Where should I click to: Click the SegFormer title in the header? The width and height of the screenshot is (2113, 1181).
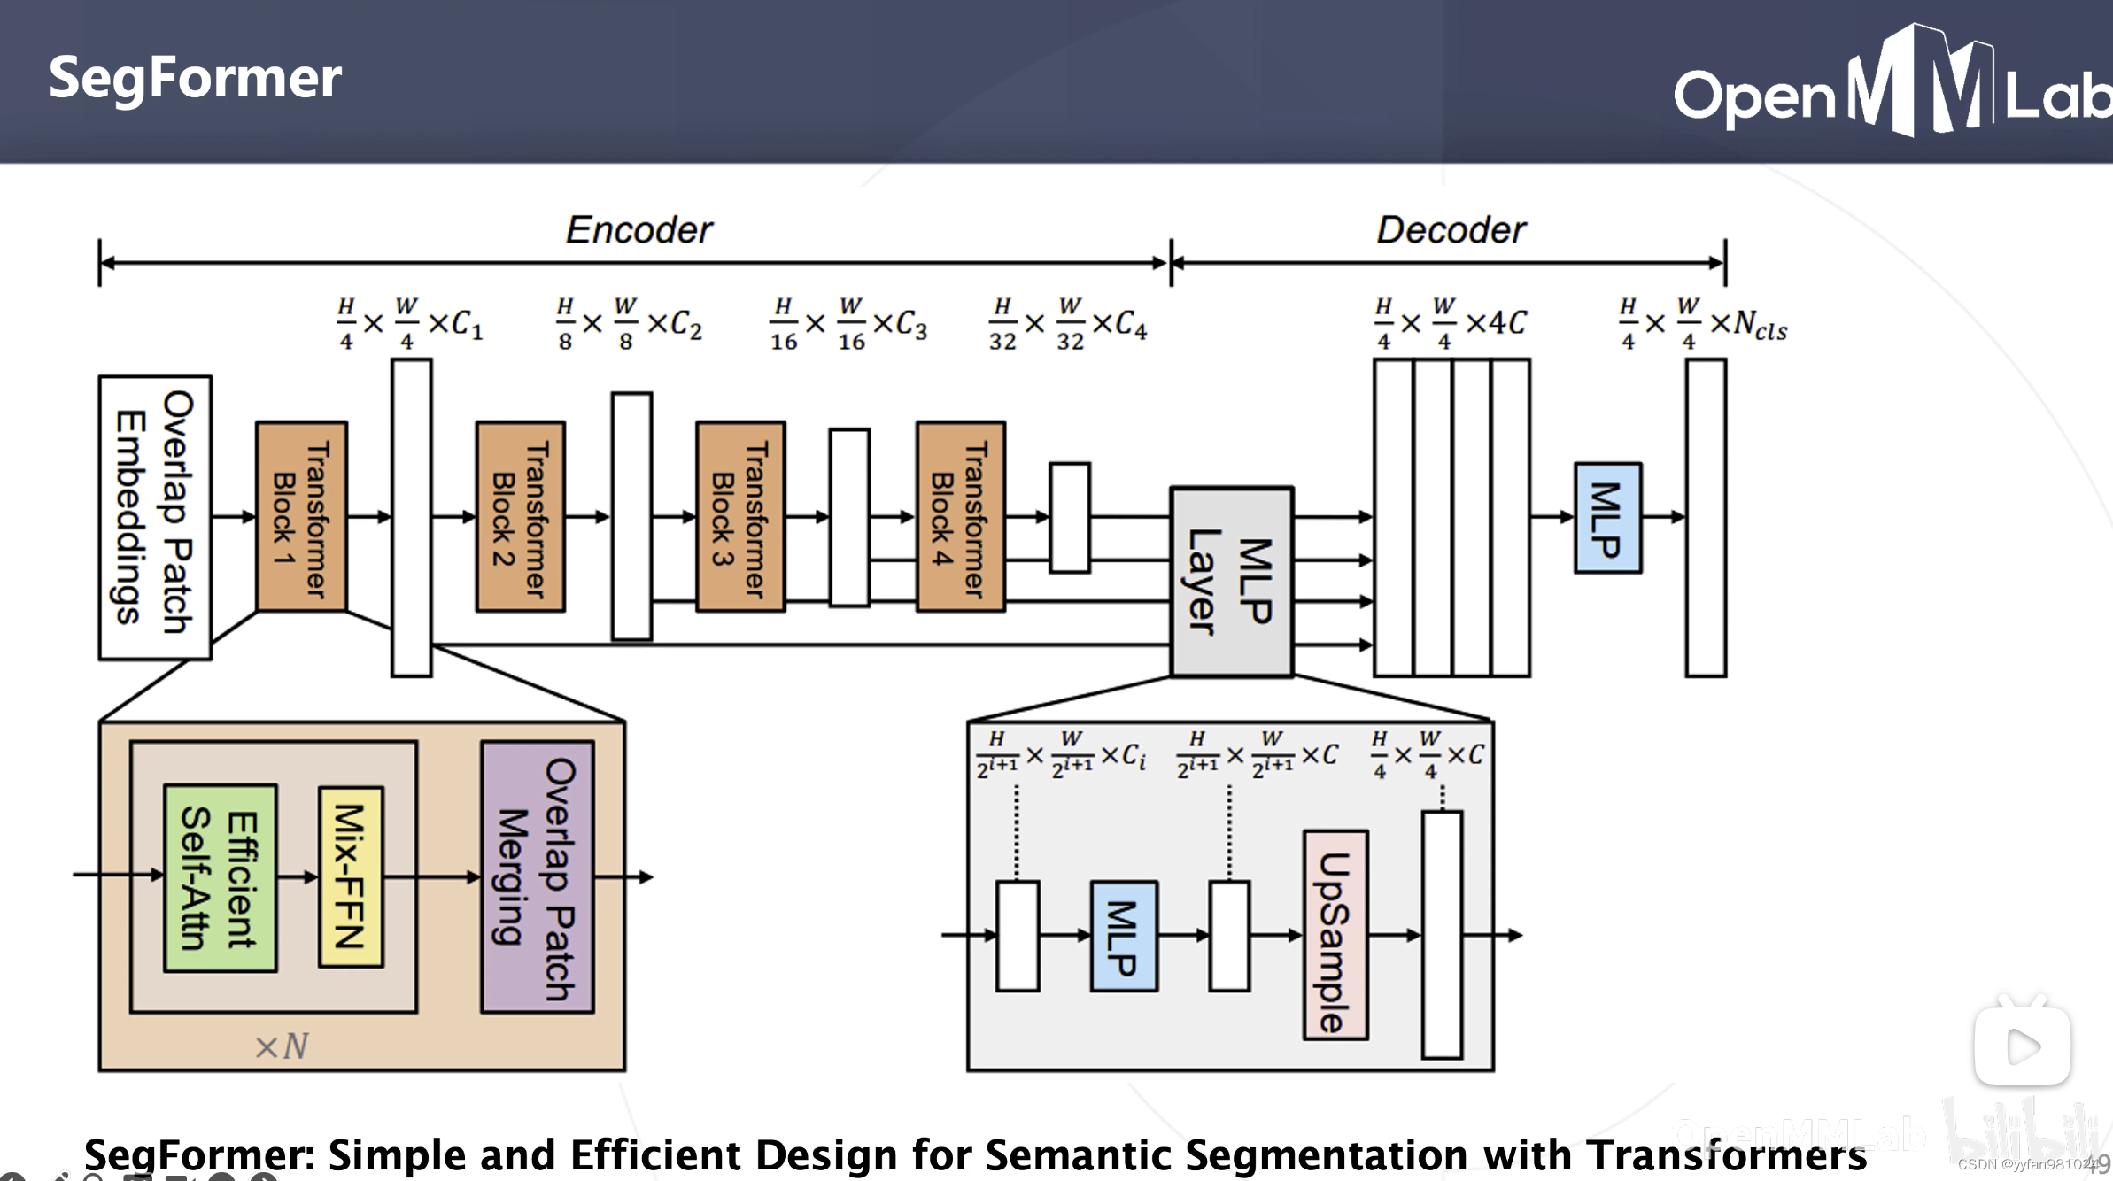195,78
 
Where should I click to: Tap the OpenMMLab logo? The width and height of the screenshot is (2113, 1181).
1891,84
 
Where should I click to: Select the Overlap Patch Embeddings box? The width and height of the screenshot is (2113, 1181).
155,518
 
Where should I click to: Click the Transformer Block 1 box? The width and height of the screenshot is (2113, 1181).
301,517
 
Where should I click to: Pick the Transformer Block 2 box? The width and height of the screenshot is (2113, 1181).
521,517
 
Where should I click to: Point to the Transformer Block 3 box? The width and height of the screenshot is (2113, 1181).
740,517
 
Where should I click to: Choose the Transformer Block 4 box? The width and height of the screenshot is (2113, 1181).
961,517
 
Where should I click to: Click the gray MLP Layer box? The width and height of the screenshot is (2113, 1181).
1232,583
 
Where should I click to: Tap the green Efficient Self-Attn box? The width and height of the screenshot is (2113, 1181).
221,878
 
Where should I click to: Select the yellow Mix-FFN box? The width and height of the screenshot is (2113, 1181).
351,876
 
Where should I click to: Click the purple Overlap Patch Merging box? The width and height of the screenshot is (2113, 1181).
538,877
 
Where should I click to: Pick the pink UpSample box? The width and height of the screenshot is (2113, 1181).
1335,935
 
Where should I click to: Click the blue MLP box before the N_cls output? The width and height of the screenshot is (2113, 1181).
1607,518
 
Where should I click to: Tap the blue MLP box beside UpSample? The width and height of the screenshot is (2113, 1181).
1124,936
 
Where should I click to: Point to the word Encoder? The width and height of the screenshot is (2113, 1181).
639,230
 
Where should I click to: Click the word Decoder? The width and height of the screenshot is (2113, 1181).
1451,230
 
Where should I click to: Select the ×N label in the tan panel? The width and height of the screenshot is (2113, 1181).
282,1046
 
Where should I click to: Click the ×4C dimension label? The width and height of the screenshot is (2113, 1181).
1497,323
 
